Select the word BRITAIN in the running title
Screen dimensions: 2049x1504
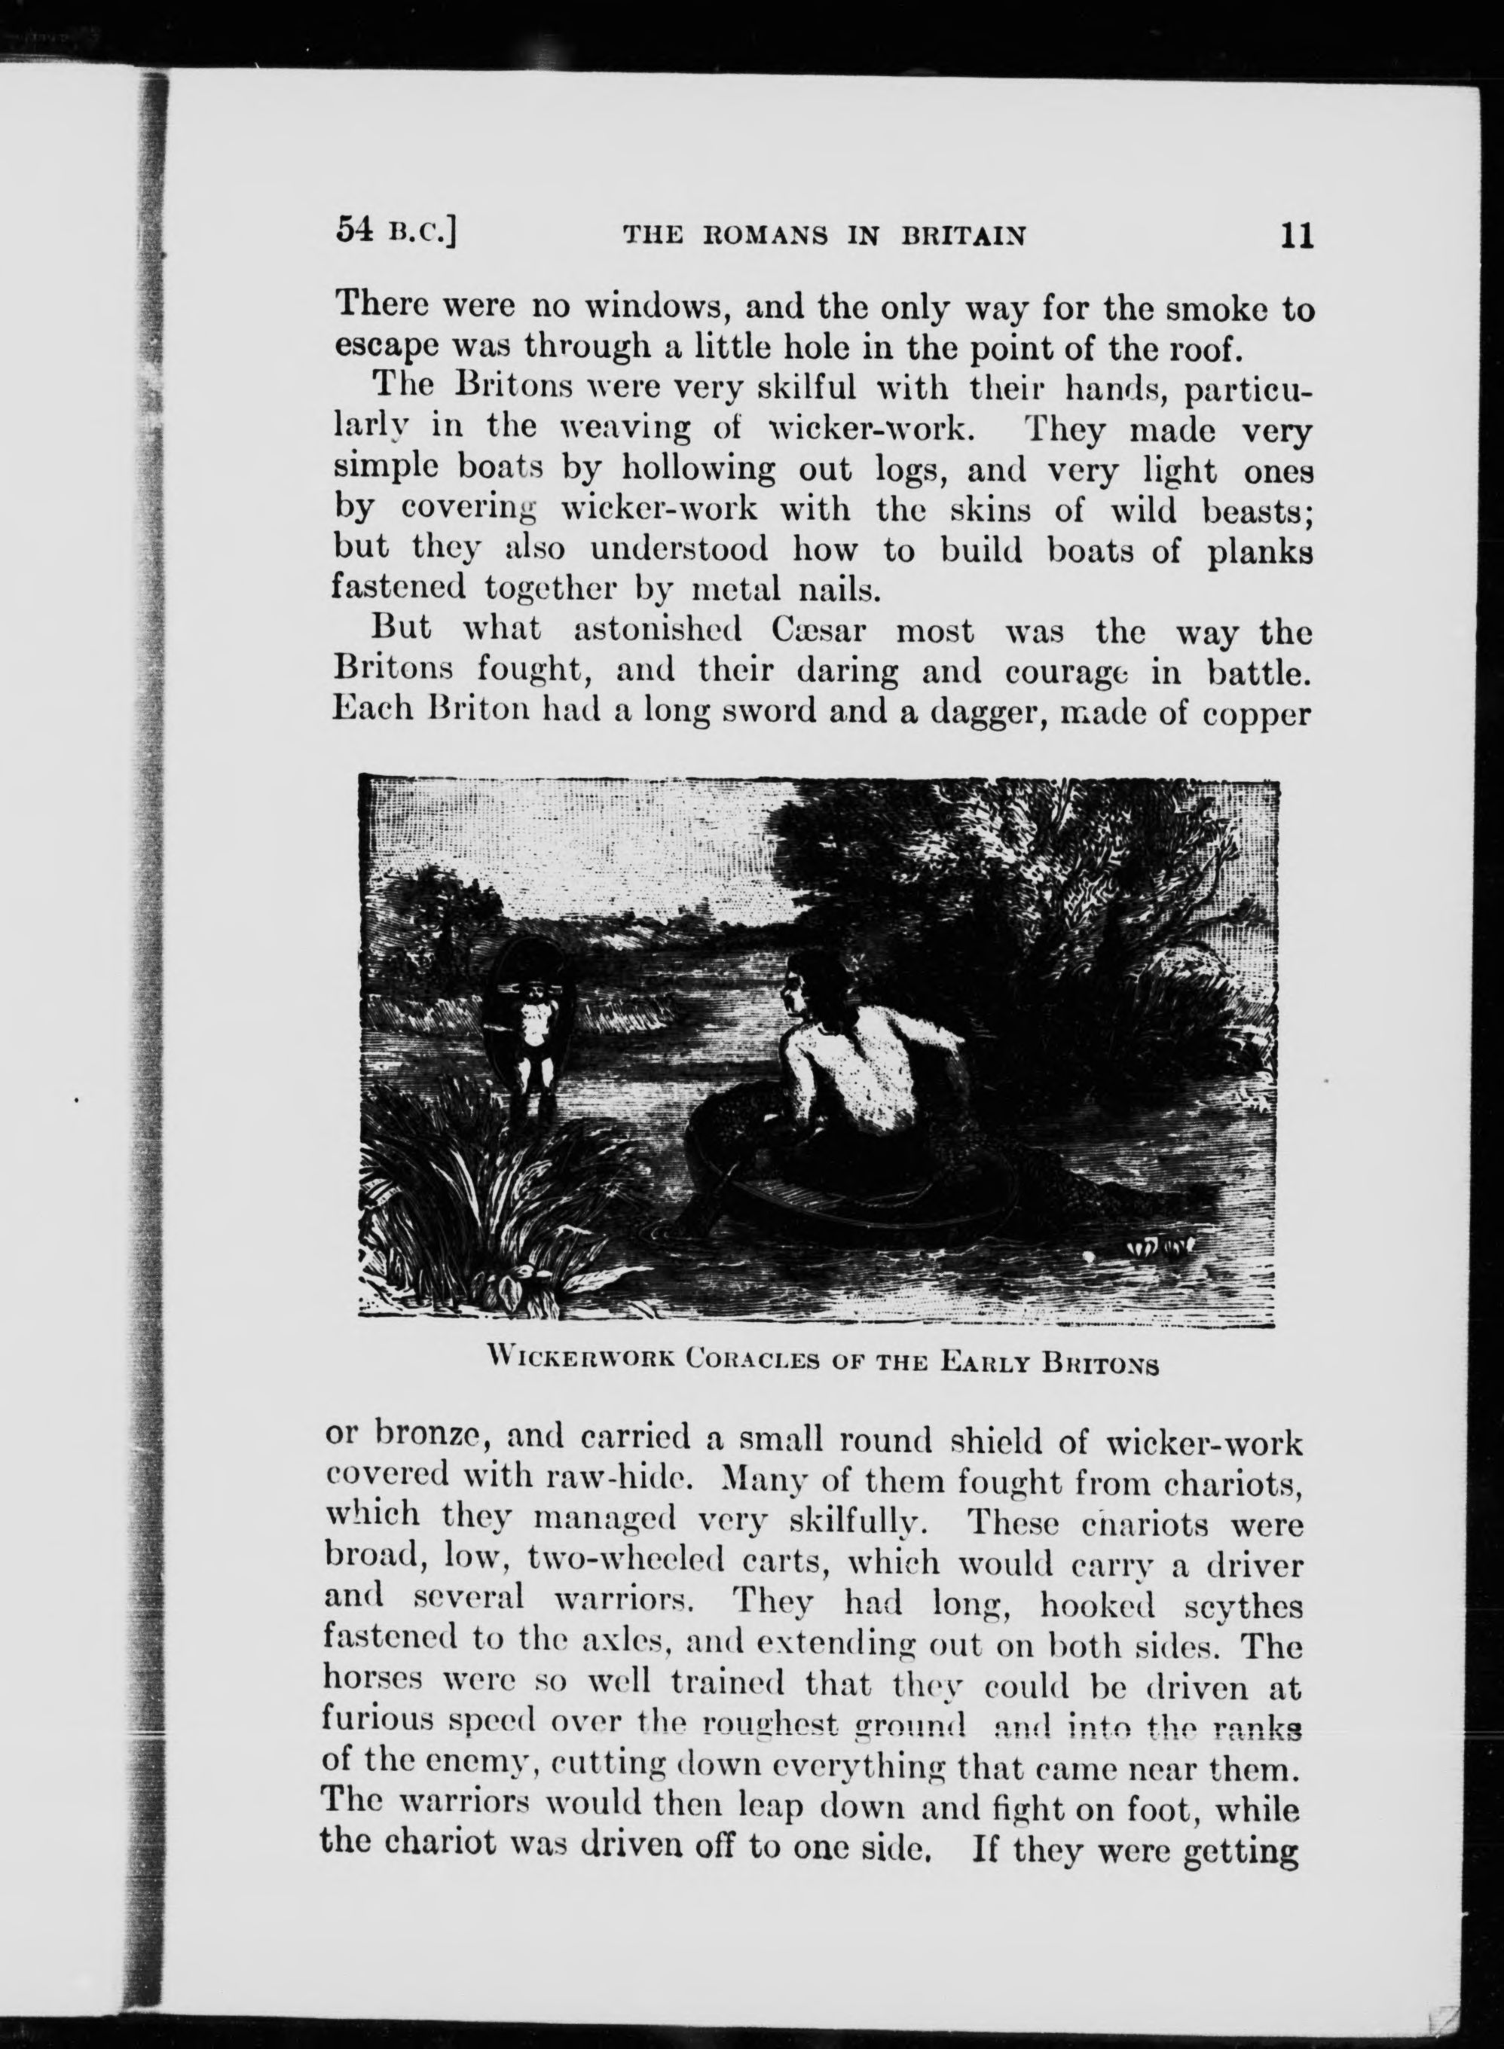click(x=963, y=237)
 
